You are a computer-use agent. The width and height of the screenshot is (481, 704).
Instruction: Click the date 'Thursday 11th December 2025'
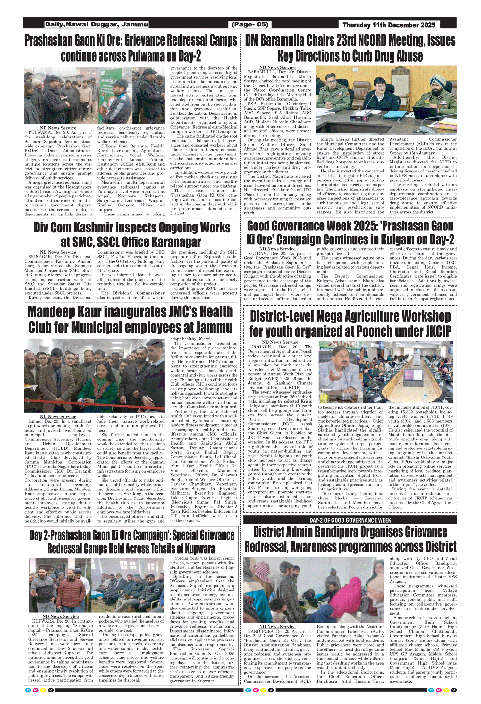coord(389,25)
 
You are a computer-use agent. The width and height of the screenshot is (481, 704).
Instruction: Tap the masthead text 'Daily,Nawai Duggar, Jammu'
coord(97,24)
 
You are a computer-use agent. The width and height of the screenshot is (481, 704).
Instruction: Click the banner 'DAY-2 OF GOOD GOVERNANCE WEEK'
coord(350,520)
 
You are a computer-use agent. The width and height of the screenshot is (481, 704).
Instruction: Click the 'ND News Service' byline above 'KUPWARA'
coord(60,616)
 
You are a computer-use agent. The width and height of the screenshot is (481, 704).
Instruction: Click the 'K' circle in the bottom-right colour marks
coord(454,690)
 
